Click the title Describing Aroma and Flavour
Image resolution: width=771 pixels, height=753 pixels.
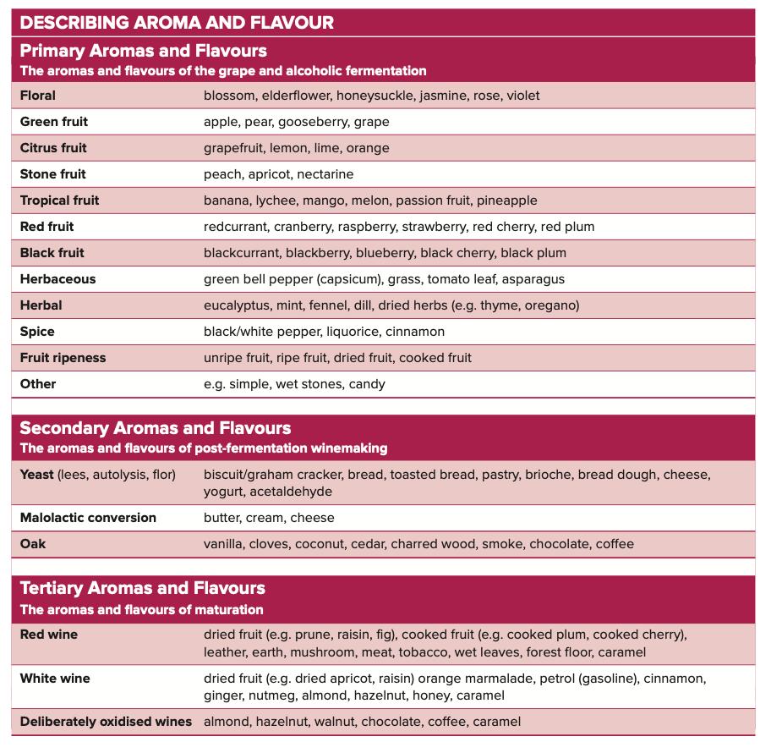(177, 23)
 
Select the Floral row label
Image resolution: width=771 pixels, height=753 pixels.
(38, 96)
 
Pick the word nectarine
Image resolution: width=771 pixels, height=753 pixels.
(325, 174)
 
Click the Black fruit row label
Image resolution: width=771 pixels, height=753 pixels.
(52, 253)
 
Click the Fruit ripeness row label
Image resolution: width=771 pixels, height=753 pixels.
(63, 358)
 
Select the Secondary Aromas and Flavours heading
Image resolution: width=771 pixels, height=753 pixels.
(156, 428)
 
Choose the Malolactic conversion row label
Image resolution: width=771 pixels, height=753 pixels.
(88, 518)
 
